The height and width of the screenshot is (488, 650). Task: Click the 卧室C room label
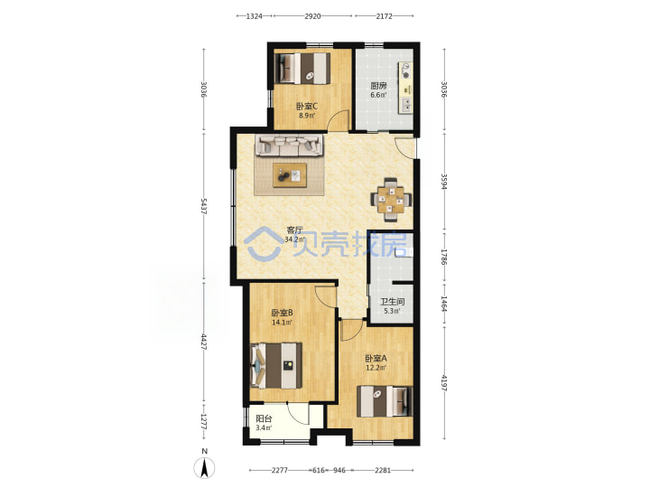(x=307, y=107)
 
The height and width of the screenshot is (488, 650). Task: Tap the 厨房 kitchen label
(x=378, y=86)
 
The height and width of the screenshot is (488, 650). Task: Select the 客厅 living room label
(x=295, y=230)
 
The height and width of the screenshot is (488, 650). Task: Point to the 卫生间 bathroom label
(x=392, y=302)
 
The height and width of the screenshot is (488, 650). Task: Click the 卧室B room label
(x=283, y=313)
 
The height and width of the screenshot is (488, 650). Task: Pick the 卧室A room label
(x=376, y=358)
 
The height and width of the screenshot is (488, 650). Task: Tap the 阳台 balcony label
(x=264, y=418)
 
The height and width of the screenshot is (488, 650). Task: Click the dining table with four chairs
(x=391, y=200)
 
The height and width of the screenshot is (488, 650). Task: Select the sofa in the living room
(x=290, y=145)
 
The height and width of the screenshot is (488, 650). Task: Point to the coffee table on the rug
(x=290, y=175)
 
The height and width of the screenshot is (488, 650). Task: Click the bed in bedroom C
(x=303, y=69)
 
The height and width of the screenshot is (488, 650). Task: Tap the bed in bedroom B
(x=276, y=366)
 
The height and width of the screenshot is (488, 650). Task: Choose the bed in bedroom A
(x=385, y=401)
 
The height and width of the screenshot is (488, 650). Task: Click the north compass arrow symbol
(x=204, y=468)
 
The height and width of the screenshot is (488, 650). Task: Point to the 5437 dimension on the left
(x=203, y=206)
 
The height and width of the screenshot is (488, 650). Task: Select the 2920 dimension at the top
(x=312, y=16)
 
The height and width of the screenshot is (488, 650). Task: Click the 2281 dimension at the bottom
(x=383, y=470)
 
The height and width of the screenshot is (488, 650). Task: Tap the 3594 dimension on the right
(x=444, y=182)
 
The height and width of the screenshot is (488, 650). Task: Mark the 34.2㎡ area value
(x=294, y=239)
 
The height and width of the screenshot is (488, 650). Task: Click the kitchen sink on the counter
(x=405, y=104)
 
